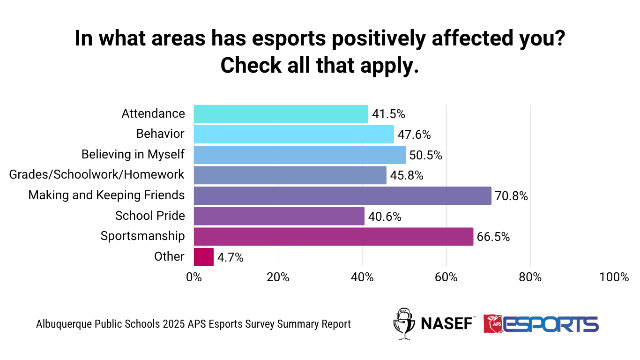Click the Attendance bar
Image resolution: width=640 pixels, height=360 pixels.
coord(281,114)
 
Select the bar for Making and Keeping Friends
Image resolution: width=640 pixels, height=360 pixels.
coord(342,195)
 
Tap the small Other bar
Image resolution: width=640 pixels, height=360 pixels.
coord(203,257)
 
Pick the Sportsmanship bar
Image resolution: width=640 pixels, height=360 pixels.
coord(333,236)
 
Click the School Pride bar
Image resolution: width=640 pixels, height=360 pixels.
coord(279,216)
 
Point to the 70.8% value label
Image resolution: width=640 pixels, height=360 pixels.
coord(512,196)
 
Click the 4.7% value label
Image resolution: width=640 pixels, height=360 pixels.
coord(230,257)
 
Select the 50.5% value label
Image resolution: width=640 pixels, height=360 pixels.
coord(426,155)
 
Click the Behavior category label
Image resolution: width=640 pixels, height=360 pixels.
coord(160,134)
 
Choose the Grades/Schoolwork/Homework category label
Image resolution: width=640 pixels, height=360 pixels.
coord(97,175)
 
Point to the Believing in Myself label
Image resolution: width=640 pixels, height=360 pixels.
coord(133,154)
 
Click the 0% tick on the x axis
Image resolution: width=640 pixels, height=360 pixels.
coord(194,277)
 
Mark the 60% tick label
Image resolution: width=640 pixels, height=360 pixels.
coord(446,277)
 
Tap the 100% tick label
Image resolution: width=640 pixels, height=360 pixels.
coord(614,277)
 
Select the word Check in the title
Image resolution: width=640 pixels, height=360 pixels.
coord(252,66)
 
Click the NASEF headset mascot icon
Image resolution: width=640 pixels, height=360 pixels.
coord(403,323)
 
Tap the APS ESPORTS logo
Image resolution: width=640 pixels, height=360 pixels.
coord(541,324)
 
